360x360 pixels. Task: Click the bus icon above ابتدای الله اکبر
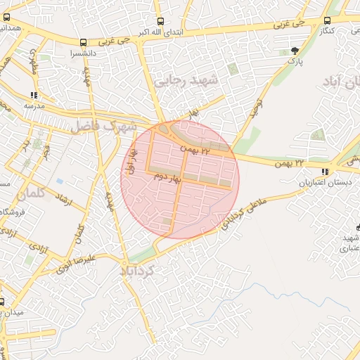pyautogui.click(x=160, y=22)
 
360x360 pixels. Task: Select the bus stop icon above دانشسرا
pyautogui.click(x=84, y=43)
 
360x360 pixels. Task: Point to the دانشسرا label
pyautogui.click(x=84, y=53)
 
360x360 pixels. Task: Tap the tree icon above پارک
pyautogui.click(x=295, y=51)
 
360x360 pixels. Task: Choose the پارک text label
pyautogui.click(x=294, y=61)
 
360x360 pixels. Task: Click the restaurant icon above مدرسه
pyautogui.click(x=34, y=95)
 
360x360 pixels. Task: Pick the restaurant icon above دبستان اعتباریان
pyautogui.click(x=324, y=172)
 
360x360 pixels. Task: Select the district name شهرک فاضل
pyautogui.click(x=103, y=127)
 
